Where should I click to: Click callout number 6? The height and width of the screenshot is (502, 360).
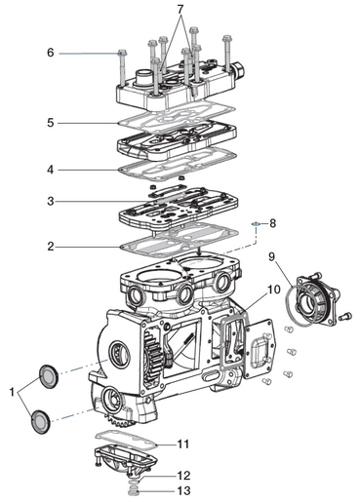pyautogui.click(x=51, y=53)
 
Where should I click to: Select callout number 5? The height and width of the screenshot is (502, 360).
pyautogui.click(x=51, y=123)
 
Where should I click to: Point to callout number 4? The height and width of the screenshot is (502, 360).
pyautogui.click(x=50, y=170)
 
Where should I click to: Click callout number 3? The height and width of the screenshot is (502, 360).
pyautogui.click(x=51, y=201)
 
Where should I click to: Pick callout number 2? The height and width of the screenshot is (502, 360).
pyautogui.click(x=51, y=247)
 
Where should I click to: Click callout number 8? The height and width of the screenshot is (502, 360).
pyautogui.click(x=272, y=223)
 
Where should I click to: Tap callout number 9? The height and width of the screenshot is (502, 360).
pyautogui.click(x=271, y=256)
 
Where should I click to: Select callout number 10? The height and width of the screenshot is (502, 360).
pyautogui.click(x=274, y=289)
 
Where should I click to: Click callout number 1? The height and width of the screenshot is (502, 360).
pyautogui.click(x=12, y=392)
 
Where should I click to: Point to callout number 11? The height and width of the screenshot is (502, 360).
pyautogui.click(x=182, y=444)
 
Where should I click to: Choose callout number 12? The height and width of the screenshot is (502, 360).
pyautogui.click(x=183, y=476)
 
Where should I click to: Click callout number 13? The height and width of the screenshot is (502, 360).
pyautogui.click(x=183, y=490)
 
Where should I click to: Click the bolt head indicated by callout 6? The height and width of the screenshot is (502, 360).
pyautogui.click(x=122, y=53)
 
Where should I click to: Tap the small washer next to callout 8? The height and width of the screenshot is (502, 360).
pyautogui.click(x=256, y=223)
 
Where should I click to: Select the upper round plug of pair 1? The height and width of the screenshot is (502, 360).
pyautogui.click(x=49, y=376)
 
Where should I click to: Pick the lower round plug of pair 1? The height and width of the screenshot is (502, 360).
pyautogui.click(x=40, y=421)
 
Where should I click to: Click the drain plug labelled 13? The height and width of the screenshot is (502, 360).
pyautogui.click(x=133, y=490)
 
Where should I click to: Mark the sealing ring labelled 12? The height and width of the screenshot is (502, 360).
pyautogui.click(x=133, y=482)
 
